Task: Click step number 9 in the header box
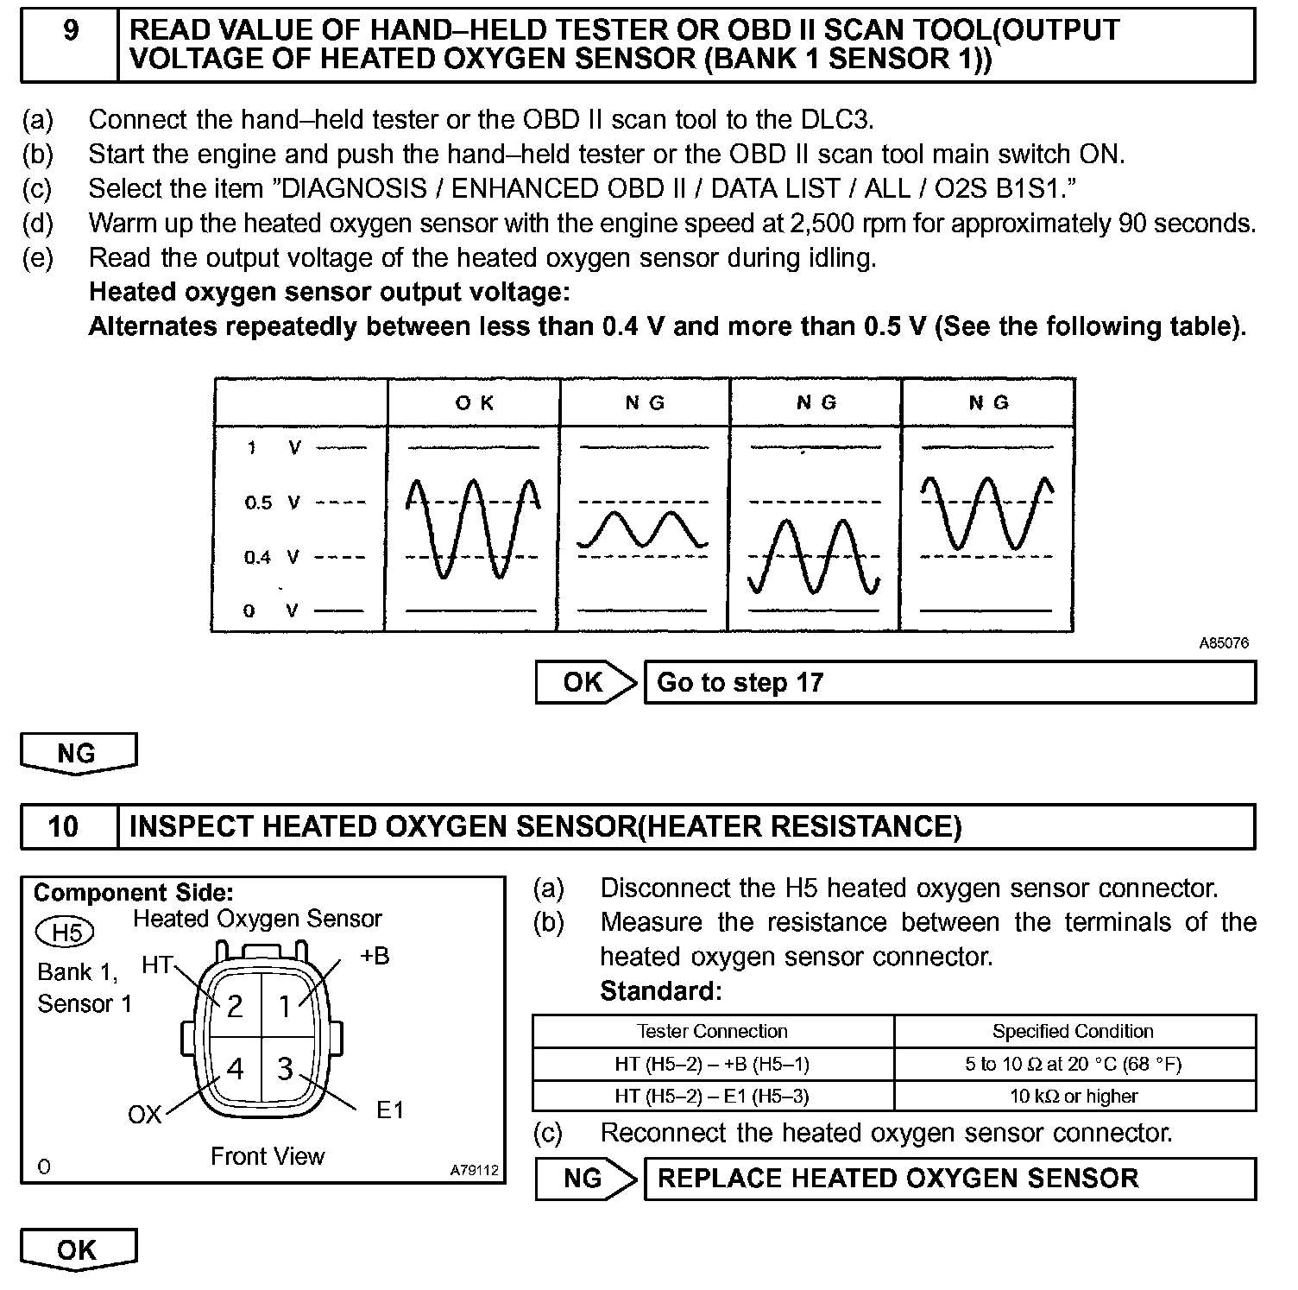(x=70, y=31)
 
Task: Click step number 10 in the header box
(x=64, y=827)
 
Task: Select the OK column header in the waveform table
(x=474, y=403)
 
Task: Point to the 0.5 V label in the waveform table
(x=271, y=503)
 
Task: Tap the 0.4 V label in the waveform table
(x=271, y=558)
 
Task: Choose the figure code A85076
(x=1223, y=643)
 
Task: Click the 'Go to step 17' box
(x=949, y=683)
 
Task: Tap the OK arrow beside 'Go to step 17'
(x=585, y=683)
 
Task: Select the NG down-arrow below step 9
(x=78, y=754)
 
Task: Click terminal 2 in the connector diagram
(x=234, y=1006)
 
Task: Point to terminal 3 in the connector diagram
(x=285, y=1070)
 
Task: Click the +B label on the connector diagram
(x=374, y=956)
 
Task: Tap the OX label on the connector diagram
(x=144, y=1115)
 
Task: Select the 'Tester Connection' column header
(x=712, y=1032)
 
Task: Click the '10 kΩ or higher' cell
(x=1074, y=1097)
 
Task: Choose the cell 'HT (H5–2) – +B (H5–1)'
(x=712, y=1064)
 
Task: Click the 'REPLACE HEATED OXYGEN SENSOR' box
(x=949, y=1179)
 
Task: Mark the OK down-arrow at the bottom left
(x=78, y=1250)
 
